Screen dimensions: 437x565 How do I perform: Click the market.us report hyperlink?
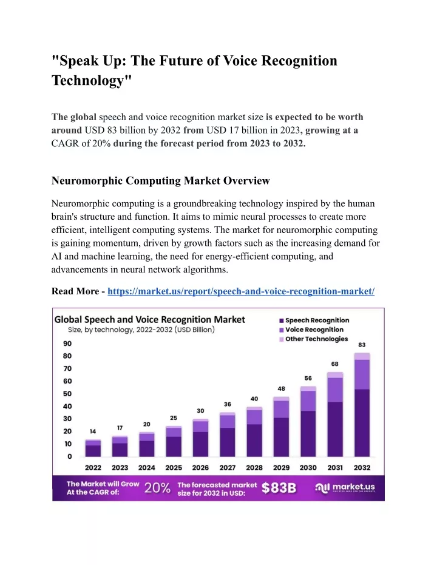click(241, 291)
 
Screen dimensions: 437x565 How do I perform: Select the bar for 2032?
click(362, 405)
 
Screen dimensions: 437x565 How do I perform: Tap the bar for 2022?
click(93, 448)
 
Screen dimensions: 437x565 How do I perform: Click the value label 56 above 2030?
click(308, 378)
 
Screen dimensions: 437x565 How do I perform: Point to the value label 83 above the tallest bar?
click(362, 345)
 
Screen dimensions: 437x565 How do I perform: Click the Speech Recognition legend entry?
click(314, 320)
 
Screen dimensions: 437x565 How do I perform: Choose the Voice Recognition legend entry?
click(311, 330)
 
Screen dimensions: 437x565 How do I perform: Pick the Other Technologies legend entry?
click(314, 339)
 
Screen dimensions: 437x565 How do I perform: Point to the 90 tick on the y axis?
click(67, 343)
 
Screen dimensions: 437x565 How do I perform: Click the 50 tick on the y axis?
click(67, 394)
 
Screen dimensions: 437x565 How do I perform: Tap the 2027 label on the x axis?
click(228, 468)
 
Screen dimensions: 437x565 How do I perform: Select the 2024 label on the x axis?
click(147, 468)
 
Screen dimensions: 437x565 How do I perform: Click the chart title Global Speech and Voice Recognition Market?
click(149, 320)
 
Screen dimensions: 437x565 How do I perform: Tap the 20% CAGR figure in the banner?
click(157, 489)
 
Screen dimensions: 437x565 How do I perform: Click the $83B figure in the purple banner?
click(279, 489)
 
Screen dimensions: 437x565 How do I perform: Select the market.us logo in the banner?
click(345, 488)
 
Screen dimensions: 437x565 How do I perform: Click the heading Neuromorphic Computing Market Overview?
click(161, 180)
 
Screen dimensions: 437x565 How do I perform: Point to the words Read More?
click(75, 291)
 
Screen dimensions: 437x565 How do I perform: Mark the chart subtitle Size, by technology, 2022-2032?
click(141, 330)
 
